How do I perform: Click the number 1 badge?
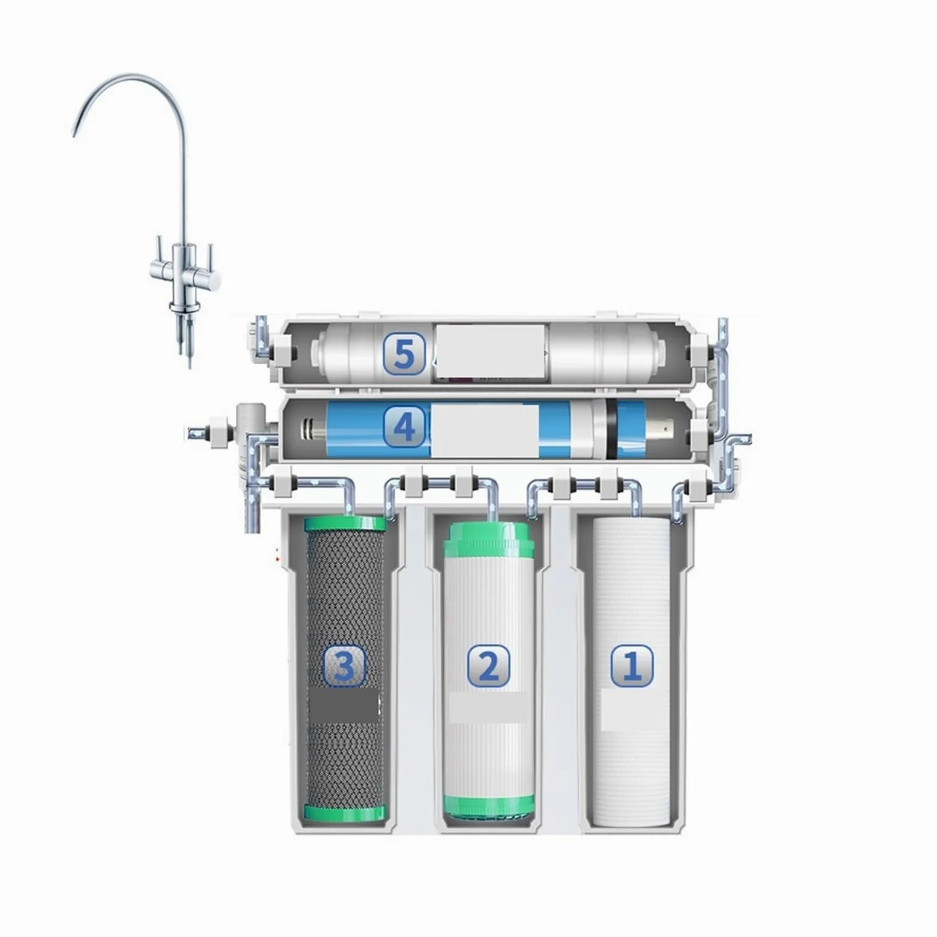(632, 665)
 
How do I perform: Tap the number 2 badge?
(488, 666)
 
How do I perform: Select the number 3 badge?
(344, 666)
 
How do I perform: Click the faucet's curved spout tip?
(75, 133)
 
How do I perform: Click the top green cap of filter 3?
(345, 524)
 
